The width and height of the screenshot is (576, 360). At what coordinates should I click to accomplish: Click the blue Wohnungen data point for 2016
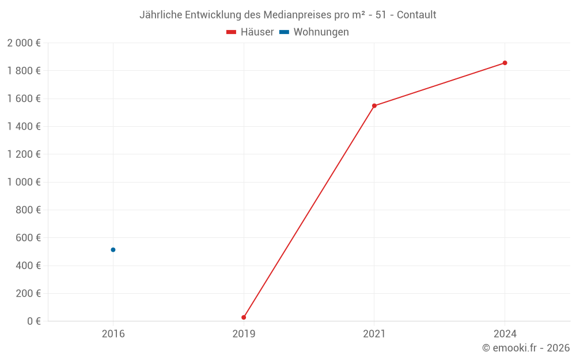point(113,249)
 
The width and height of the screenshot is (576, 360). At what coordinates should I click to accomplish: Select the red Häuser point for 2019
point(244,317)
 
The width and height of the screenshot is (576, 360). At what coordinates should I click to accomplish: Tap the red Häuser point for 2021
point(374,105)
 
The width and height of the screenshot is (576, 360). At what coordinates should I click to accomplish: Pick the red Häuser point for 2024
point(505,63)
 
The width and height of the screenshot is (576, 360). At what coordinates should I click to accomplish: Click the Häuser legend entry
point(251,32)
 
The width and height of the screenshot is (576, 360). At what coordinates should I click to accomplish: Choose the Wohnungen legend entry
point(314,32)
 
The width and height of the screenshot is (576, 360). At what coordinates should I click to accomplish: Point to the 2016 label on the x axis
point(113,334)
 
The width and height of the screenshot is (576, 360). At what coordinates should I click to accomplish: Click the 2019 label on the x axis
point(244,334)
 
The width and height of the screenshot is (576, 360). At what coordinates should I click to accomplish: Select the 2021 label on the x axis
point(374,334)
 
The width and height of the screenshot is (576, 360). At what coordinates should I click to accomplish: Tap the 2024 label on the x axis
point(505,334)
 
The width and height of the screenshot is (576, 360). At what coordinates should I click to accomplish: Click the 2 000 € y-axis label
point(24,43)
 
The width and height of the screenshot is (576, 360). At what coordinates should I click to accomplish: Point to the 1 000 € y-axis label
point(24,182)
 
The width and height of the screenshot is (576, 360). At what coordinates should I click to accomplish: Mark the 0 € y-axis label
point(34,321)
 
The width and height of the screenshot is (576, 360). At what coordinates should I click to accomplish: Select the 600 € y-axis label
point(28,238)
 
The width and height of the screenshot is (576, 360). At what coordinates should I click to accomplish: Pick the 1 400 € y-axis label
point(24,127)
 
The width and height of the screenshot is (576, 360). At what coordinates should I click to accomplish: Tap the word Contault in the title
point(416,14)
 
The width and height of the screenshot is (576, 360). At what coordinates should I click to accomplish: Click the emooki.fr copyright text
point(526,348)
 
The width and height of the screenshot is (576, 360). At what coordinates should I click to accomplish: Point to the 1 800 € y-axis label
point(24,71)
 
